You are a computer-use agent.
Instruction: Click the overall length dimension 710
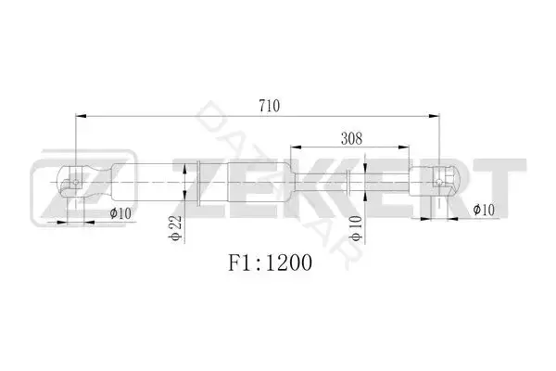click(x=269, y=106)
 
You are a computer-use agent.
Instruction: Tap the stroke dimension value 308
click(x=351, y=138)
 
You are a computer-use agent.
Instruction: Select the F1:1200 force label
click(x=270, y=262)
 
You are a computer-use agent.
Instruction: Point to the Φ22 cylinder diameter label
click(x=176, y=228)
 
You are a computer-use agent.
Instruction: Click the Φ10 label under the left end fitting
click(x=120, y=213)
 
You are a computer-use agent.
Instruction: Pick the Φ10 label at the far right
click(x=484, y=210)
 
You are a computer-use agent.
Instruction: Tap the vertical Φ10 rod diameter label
click(x=357, y=228)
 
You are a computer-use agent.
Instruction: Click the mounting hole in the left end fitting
click(x=76, y=183)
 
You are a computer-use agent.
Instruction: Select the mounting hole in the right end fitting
click(x=439, y=182)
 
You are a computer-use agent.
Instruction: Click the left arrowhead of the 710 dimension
click(x=81, y=116)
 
